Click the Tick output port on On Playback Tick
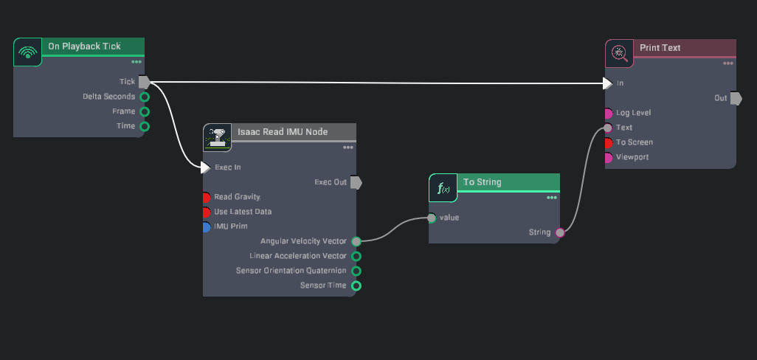tap(144, 82)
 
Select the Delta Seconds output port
tap(145, 97)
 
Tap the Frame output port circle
tap(145, 111)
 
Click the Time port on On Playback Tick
tap(145, 126)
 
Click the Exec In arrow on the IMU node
tap(206, 167)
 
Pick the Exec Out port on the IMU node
tap(356, 182)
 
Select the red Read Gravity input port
tap(207, 197)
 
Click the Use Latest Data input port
tap(207, 212)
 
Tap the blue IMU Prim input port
tap(207, 226)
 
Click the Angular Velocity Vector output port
tap(356, 241)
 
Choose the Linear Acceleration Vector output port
tap(356, 256)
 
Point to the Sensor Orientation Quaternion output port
tap(356, 271)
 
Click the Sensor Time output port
tap(356, 285)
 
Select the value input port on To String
tap(432, 218)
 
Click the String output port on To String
tap(560, 232)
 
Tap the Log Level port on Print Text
tap(608, 113)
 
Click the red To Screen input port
tap(608, 142)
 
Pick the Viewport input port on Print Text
tap(608, 157)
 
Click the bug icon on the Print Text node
tap(620, 52)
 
